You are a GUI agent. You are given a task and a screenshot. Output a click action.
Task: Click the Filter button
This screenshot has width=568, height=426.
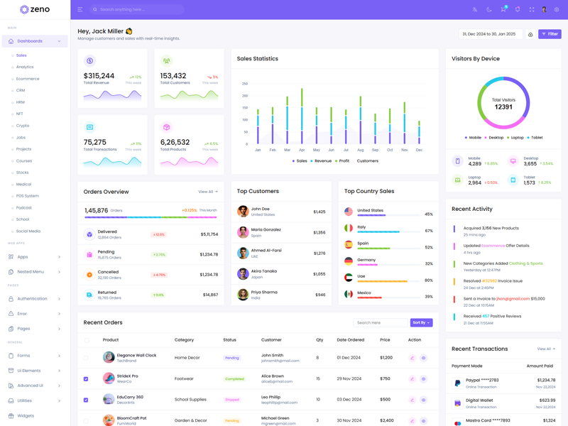550,34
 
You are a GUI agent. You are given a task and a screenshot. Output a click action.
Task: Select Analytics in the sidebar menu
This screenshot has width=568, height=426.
25,67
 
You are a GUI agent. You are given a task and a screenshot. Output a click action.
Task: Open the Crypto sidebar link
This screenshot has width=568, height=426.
23,126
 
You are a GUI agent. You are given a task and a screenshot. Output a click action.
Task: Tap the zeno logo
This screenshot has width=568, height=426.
35,10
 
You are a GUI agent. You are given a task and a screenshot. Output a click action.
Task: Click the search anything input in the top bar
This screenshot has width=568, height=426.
138,10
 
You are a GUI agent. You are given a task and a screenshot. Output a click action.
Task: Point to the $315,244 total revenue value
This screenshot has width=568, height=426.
99,76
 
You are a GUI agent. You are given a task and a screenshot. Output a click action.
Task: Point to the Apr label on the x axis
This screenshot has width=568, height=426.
302,151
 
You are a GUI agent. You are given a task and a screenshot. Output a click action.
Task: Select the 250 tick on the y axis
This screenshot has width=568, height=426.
245,83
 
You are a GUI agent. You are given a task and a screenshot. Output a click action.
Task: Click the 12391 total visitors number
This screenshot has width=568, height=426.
503,107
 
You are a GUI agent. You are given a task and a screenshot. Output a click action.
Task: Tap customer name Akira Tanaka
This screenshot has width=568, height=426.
263,271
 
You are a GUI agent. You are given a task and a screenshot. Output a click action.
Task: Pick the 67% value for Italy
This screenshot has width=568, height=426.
429,231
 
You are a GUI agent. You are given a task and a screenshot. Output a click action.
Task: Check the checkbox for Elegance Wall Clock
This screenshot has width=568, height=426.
87,358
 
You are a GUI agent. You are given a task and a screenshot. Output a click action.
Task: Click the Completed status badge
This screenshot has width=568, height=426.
234,379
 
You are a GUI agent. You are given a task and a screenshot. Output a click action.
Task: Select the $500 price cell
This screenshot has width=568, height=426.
386,400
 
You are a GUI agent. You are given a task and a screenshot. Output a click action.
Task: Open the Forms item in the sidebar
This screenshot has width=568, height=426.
24,356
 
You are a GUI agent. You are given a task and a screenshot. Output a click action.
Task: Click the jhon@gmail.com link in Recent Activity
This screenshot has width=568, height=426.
513,299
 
